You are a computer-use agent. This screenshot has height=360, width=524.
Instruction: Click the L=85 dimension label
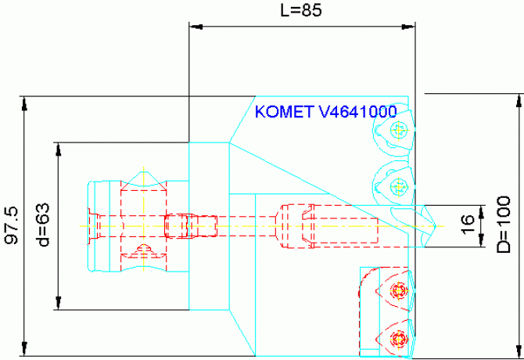click(301, 10)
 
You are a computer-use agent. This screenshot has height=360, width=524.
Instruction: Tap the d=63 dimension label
click(44, 226)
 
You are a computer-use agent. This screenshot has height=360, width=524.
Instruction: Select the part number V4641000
click(358, 112)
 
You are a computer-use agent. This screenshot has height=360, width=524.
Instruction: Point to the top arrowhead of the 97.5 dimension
click(25, 102)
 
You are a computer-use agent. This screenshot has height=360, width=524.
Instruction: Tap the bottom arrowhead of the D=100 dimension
click(517, 350)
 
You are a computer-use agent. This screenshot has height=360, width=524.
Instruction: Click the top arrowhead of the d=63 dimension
click(57, 148)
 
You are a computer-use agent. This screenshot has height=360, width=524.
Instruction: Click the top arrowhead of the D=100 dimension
click(517, 99)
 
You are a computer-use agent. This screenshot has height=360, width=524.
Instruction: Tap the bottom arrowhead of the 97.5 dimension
click(25, 350)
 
